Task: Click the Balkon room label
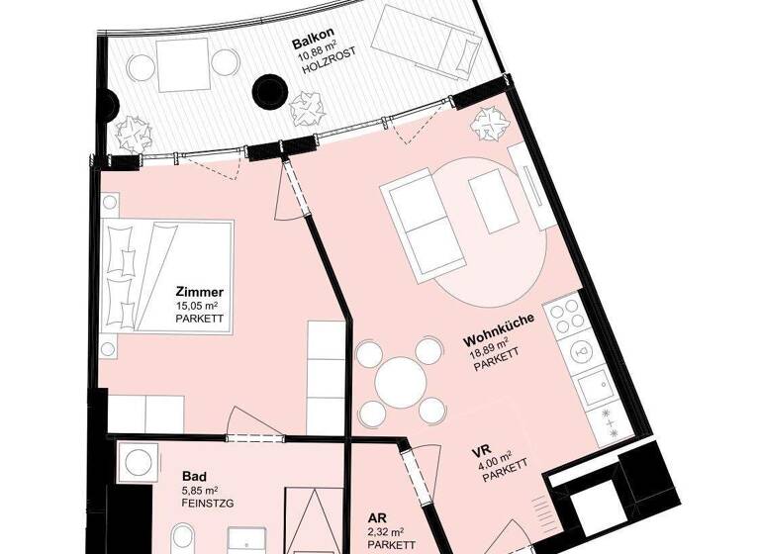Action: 310,45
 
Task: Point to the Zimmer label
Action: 199,293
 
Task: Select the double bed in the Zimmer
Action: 168,277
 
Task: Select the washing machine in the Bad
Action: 135,462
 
